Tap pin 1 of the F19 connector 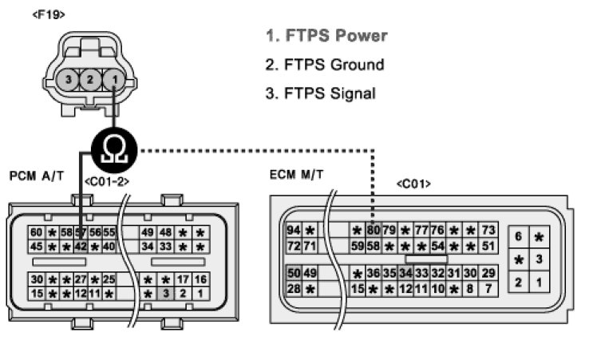point(115,80)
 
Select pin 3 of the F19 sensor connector point(69,80)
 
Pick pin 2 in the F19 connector point(92,80)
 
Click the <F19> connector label point(49,14)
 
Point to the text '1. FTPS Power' point(326,36)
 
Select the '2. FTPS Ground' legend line point(324,65)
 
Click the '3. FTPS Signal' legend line point(320,93)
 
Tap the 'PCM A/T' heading point(36,175)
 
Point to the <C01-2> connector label point(107,182)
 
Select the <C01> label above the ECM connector point(413,184)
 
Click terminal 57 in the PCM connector point(81,232)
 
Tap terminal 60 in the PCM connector point(36,232)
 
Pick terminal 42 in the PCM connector point(81,246)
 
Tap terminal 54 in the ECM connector point(438,246)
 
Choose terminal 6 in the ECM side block point(519,236)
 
